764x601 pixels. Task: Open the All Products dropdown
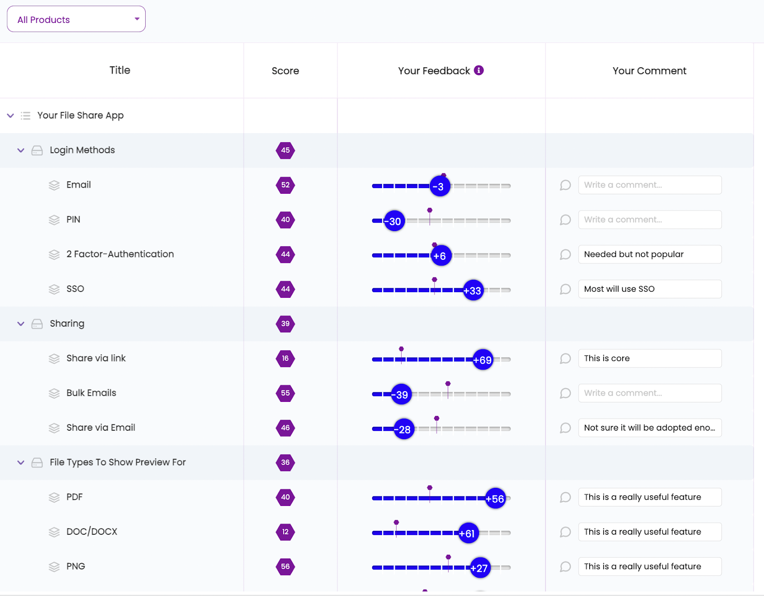[x=76, y=20]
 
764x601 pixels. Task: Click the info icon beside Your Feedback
[x=478, y=71]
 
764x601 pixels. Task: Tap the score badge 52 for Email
[x=286, y=185]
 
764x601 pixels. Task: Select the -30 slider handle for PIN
[x=394, y=221]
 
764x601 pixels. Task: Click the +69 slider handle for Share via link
[x=483, y=360]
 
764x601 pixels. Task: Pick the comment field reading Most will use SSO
[x=649, y=289]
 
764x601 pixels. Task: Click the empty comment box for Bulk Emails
[x=649, y=393]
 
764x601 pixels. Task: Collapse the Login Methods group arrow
[x=21, y=150]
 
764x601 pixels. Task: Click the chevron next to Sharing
[x=21, y=324]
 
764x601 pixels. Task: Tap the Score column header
[x=286, y=71]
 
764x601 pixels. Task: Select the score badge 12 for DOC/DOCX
[x=286, y=532]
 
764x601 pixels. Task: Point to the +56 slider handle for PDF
[x=495, y=499]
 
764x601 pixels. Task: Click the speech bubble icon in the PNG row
[x=565, y=567]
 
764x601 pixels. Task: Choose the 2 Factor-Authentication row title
[x=120, y=254]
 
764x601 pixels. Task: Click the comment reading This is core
[x=649, y=358]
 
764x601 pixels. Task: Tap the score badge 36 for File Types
[x=286, y=463]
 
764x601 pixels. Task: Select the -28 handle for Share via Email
[x=404, y=430]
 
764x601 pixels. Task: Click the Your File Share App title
[x=80, y=116]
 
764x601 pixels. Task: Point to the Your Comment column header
[x=649, y=71]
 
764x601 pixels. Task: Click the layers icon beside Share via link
[x=54, y=359]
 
